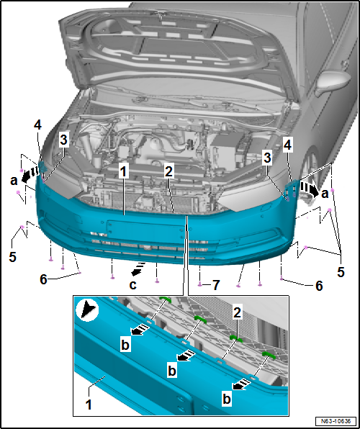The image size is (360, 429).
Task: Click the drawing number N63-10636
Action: pyautogui.click(x=336, y=420)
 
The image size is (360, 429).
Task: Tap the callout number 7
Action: pyautogui.click(x=216, y=285)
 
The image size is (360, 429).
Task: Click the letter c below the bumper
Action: pyautogui.click(x=132, y=285)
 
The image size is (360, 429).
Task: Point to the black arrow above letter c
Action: pyautogui.click(x=138, y=268)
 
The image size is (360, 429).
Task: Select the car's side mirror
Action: pyautogui.click(x=333, y=82)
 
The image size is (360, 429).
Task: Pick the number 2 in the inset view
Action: pyautogui.click(x=237, y=312)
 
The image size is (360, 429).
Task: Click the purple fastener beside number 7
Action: pyautogui.click(x=200, y=284)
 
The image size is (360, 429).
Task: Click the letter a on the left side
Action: pyautogui.click(x=14, y=181)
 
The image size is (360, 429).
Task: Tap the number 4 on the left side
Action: pyautogui.click(x=37, y=125)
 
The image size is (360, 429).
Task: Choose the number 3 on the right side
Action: pyautogui.click(x=267, y=158)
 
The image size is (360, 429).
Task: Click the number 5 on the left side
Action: pyautogui.click(x=12, y=257)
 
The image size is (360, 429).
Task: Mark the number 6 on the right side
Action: pyautogui.click(x=319, y=286)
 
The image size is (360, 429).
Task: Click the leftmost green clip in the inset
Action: pyautogui.click(x=165, y=299)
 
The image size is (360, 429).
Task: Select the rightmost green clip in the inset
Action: pyautogui.click(x=269, y=355)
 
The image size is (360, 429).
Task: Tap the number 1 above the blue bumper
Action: pyautogui.click(x=123, y=172)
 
